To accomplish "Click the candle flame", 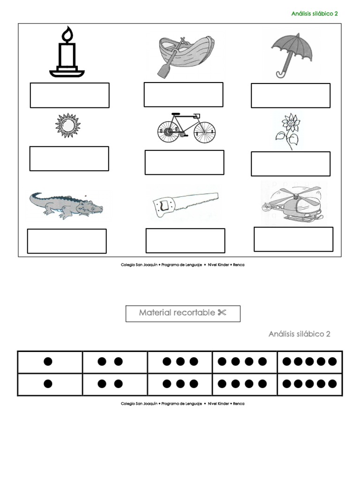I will tap(68, 34).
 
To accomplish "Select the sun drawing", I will tap(68, 125).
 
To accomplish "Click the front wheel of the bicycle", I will tap(204, 133).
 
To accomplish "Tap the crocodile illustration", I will tap(67, 205).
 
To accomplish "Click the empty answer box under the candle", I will tap(69, 95).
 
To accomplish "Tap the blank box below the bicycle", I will tap(184, 162).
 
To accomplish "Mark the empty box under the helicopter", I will tap(293, 239).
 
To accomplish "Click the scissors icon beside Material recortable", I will tap(222, 313).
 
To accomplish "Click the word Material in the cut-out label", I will tap(155, 313).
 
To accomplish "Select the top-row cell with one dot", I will tap(49, 362).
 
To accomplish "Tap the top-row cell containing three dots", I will tap(180, 362).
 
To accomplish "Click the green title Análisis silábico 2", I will tap(315, 14).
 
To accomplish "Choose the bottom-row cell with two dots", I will tap(114, 384).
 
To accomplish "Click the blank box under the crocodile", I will tap(67, 241).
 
